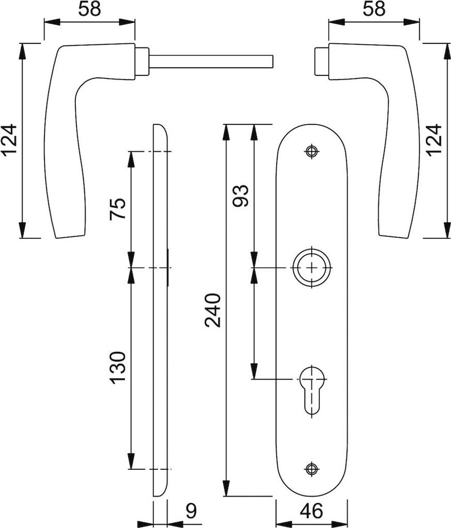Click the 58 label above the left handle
pos(89,9)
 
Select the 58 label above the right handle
pos(374,9)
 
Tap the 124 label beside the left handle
pos(9,140)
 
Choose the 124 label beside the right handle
pos(433,140)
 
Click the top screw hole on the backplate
pos(311,152)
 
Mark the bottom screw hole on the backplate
pos(311,469)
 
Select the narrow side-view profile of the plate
pos(160,309)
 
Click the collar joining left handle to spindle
pos(142,61)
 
